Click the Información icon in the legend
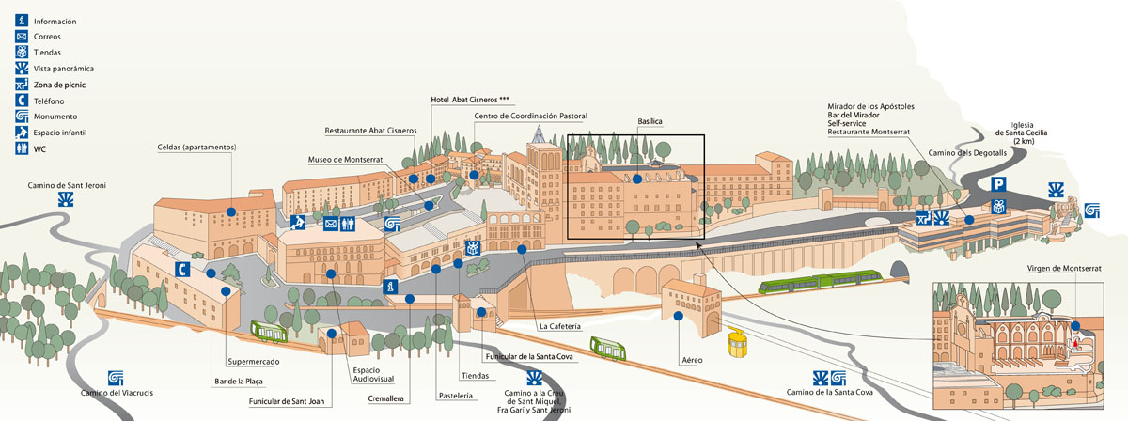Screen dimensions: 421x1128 pyautogui.click(x=21, y=21)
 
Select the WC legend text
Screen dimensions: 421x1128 pyautogui.click(x=39, y=148)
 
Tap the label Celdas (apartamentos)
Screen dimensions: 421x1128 pyautogui.click(x=196, y=148)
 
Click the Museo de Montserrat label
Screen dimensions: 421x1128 pyautogui.click(x=345, y=160)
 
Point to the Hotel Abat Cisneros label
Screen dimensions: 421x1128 pyautogui.click(x=469, y=99)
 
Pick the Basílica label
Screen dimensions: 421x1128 pyautogui.click(x=650, y=122)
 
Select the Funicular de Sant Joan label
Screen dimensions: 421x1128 pyautogui.click(x=286, y=401)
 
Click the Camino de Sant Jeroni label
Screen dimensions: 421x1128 pyautogui.click(x=66, y=186)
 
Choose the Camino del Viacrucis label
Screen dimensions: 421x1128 pyautogui.click(x=117, y=393)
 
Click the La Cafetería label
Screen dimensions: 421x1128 pyautogui.click(x=560, y=326)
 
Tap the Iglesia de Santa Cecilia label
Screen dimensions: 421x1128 pyautogui.click(x=1023, y=133)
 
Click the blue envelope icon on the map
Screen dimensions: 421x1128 pyautogui.click(x=331, y=224)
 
